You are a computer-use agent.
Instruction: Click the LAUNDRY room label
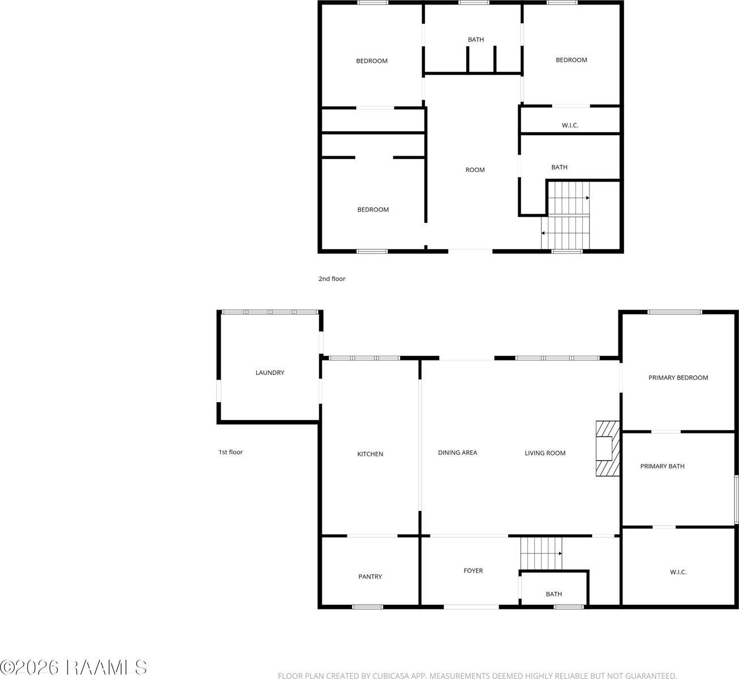[270, 373]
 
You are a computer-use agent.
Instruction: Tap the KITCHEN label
[370, 454]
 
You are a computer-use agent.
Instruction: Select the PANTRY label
[370, 577]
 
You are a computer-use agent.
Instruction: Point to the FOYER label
[473, 570]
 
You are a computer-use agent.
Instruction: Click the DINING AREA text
[457, 453]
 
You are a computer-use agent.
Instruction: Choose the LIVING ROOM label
[545, 453]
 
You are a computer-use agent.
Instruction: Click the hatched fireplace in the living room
[607, 449]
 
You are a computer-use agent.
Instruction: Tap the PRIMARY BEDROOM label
[678, 377]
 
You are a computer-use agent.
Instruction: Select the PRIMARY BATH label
[662, 466]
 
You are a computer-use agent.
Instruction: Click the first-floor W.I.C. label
[678, 572]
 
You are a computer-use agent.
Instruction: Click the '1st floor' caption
[230, 452]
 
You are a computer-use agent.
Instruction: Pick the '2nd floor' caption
[332, 278]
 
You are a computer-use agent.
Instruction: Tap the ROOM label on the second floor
[475, 170]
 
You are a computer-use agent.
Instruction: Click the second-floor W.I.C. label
[570, 125]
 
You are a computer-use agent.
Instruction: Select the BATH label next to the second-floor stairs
[559, 167]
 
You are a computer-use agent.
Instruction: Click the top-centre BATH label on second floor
[476, 40]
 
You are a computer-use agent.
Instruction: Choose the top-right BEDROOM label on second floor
[571, 60]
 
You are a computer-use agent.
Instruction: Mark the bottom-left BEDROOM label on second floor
[373, 209]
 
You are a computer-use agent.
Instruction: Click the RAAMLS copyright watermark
[74, 668]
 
